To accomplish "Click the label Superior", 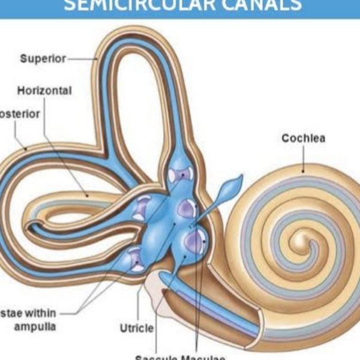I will [x=41, y=59].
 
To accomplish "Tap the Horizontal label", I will [x=44, y=91].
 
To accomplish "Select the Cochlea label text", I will [x=304, y=139].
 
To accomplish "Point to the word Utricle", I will [x=137, y=328].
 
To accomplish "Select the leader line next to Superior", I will [x=83, y=59].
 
